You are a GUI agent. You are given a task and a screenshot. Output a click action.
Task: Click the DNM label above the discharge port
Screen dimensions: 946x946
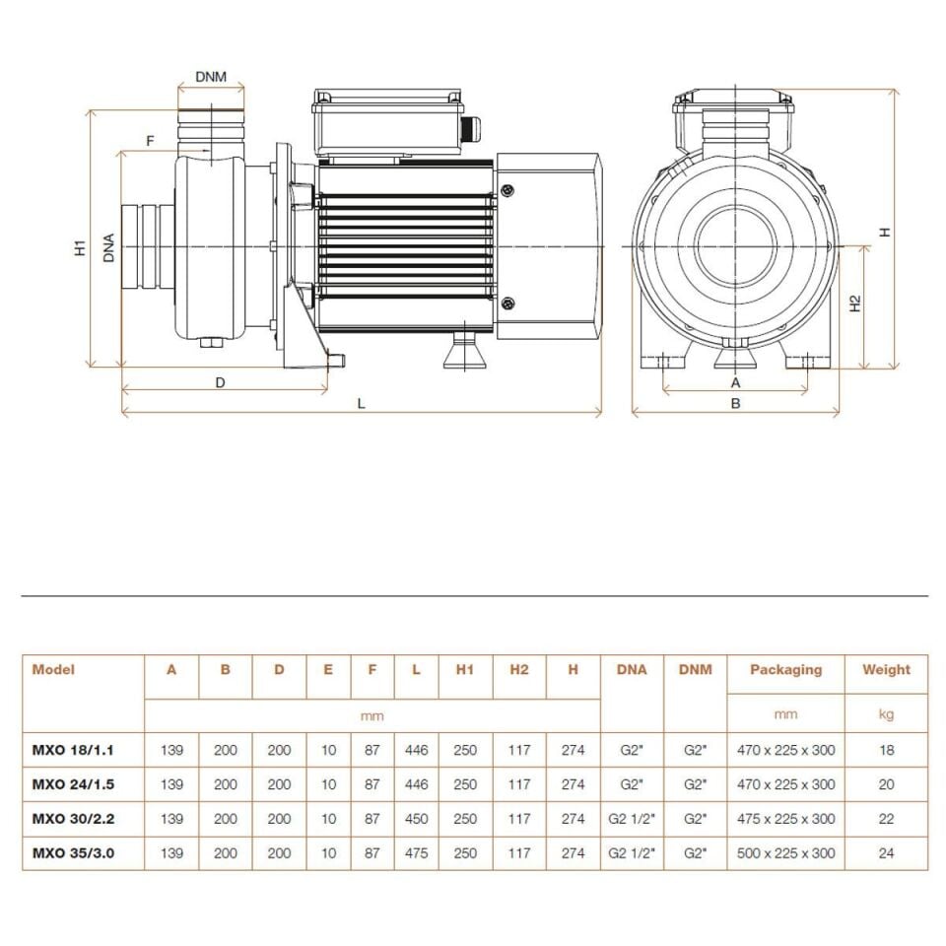click(211, 76)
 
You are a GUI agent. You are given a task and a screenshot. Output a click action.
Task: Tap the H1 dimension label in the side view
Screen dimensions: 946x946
click(80, 247)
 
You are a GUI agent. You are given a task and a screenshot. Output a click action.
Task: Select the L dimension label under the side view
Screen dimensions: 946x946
click(362, 404)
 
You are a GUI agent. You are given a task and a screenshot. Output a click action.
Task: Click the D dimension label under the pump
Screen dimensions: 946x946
click(221, 381)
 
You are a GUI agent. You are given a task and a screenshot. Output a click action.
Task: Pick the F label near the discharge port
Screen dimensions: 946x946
click(150, 141)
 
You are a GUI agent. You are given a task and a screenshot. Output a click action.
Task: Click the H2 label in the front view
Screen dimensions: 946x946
click(855, 304)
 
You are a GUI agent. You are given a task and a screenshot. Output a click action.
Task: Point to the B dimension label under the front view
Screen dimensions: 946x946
click(735, 402)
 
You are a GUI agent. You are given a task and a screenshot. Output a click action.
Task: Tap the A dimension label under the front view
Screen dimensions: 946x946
click(735, 381)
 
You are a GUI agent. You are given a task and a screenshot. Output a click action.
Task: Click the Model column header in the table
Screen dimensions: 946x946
click(53, 669)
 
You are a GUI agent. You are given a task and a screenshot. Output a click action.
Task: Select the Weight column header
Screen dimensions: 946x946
click(886, 669)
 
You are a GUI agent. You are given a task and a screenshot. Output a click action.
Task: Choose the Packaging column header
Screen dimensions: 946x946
click(785, 669)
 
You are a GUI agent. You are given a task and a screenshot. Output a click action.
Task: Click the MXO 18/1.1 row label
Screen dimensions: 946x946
click(73, 750)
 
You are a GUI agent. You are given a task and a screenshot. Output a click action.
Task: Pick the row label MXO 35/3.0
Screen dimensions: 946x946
click(73, 853)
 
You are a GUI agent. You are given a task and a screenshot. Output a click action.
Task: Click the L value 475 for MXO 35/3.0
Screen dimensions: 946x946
click(416, 853)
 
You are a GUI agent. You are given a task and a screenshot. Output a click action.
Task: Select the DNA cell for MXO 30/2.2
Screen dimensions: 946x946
click(632, 819)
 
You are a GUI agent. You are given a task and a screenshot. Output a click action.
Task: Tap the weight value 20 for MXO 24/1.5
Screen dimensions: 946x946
click(886, 784)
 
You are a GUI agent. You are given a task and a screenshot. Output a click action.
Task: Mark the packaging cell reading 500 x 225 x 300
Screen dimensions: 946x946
click(785, 853)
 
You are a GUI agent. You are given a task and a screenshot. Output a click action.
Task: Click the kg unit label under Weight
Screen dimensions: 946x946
click(886, 714)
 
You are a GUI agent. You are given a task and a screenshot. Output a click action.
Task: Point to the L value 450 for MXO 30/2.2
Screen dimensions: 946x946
click(416, 819)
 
